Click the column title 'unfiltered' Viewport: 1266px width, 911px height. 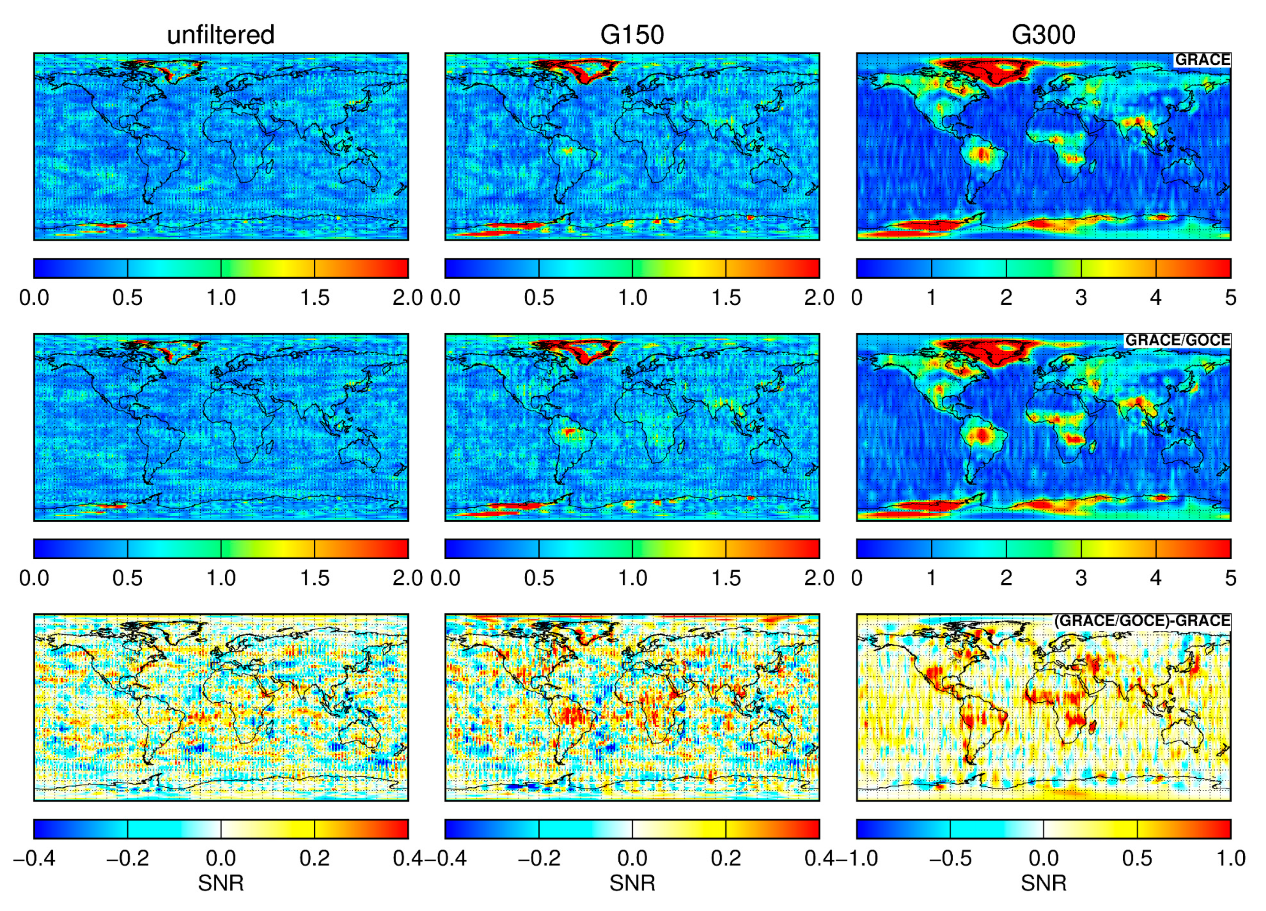tap(220, 35)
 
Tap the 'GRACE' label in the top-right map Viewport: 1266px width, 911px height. tap(1202, 60)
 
